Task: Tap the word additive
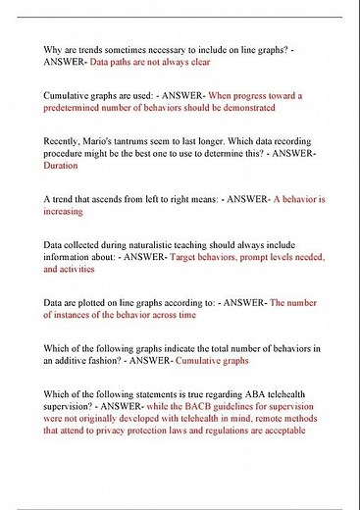click(x=79, y=361)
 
